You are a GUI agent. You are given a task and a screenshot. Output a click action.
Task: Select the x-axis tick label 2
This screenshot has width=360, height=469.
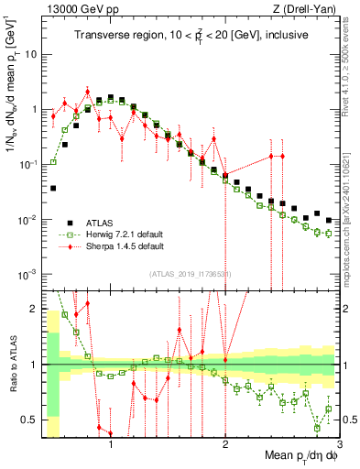(225, 447)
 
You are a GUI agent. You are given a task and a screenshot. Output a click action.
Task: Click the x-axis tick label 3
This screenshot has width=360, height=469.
(339, 447)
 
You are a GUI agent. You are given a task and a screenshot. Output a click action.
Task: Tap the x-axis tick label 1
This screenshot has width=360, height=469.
(111, 447)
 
